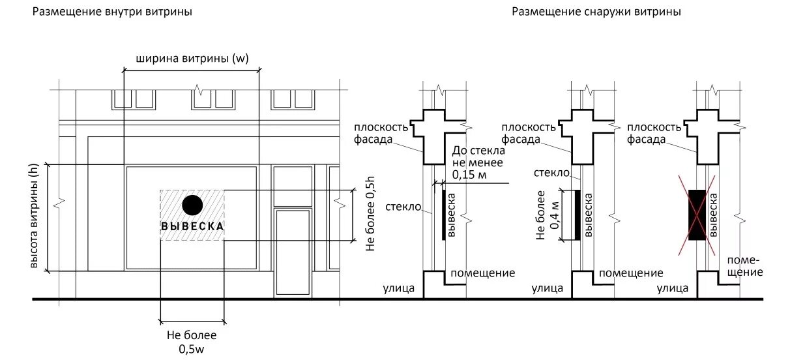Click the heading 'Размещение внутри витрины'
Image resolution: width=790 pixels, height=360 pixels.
pyautogui.click(x=113, y=12)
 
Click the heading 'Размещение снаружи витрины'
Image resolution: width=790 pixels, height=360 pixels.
pyautogui.click(x=596, y=12)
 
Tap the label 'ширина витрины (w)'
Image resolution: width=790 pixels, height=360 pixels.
pyautogui.click(x=192, y=58)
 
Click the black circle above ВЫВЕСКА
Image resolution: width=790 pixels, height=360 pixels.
pyautogui.click(x=192, y=205)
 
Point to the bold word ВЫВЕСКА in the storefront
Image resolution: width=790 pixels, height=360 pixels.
pyautogui.click(x=192, y=226)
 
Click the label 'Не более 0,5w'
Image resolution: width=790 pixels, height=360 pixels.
pyautogui.click(x=192, y=342)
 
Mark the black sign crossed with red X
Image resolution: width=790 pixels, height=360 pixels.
pyautogui.click(x=697, y=215)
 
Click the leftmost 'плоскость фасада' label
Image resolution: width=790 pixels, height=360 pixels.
pyautogui.click(x=381, y=133)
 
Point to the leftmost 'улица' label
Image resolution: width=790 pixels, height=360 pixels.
pyautogui.click(x=399, y=288)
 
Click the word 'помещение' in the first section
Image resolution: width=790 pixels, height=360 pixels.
pyautogui.click(x=483, y=273)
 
